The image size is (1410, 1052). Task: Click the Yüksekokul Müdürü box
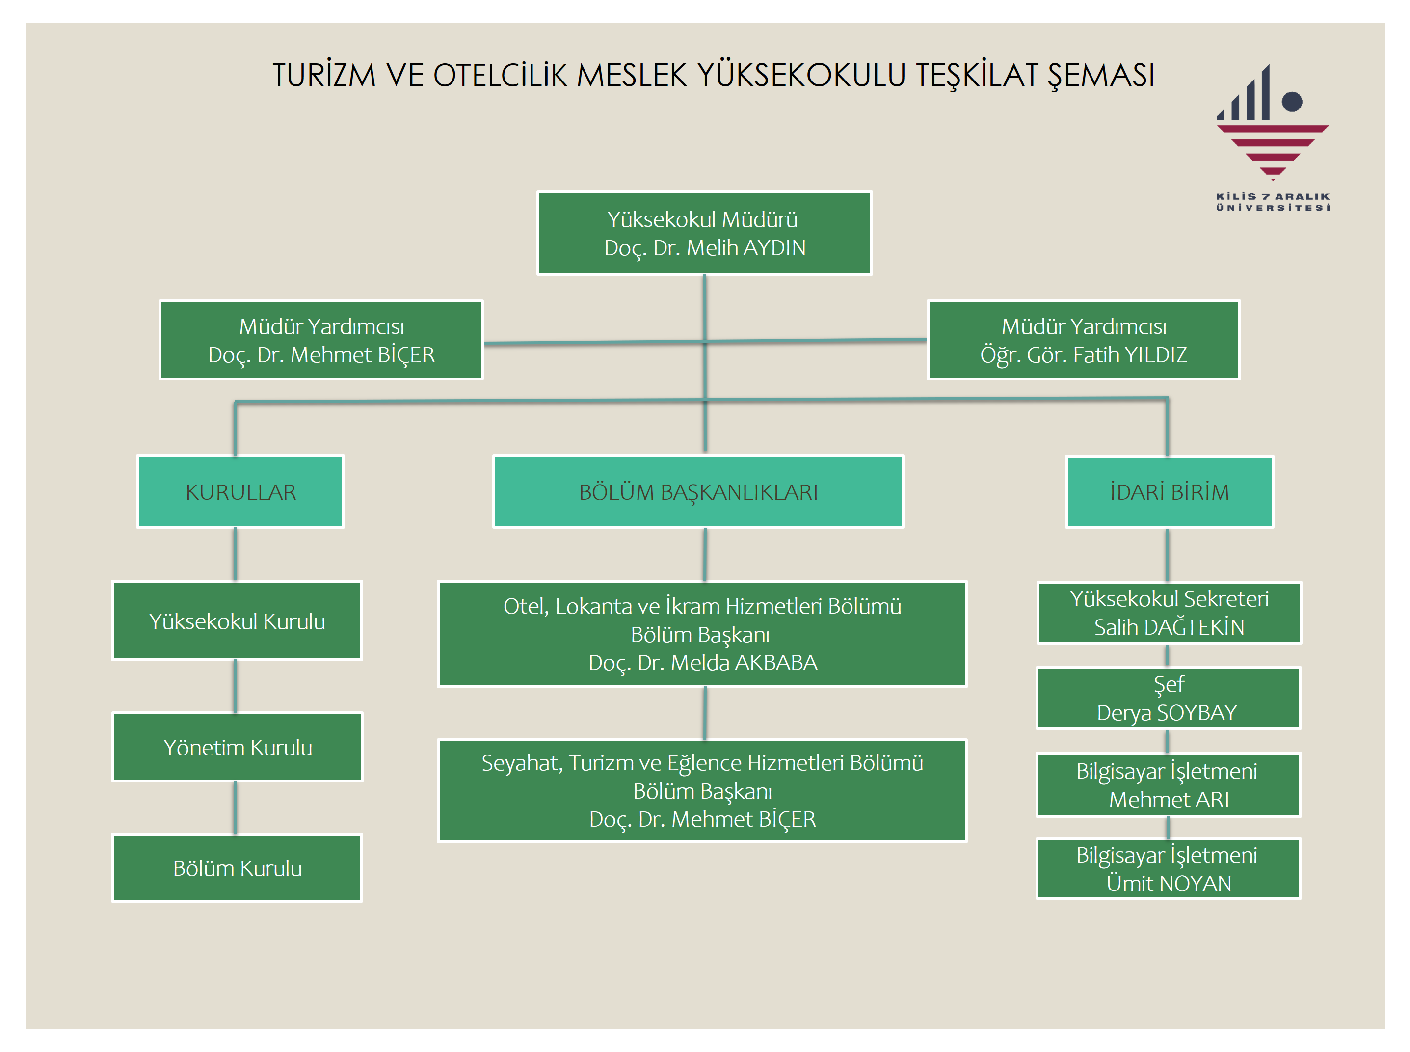704,233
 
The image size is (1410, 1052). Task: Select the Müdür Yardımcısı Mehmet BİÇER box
321,340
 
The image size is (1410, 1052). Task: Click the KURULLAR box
240,491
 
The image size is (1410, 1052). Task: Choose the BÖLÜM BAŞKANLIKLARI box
698,491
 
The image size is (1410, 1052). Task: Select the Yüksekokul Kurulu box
237,621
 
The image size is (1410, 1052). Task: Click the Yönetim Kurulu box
237,747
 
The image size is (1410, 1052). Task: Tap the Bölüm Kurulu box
237,868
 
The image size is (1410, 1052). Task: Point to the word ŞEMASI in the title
1101,76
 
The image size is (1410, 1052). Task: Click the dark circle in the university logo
1292,101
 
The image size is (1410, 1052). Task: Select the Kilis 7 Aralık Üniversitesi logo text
1273,202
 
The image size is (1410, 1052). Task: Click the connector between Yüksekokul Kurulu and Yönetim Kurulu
235,686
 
